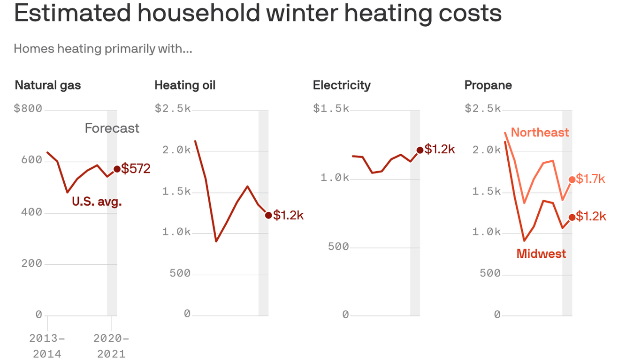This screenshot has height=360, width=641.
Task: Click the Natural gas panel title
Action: point(48,85)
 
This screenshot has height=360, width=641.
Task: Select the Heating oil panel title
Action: point(185,85)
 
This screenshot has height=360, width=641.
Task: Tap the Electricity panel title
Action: point(342,85)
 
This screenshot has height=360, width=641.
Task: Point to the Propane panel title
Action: point(488,85)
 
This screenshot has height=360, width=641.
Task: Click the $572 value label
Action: point(136,169)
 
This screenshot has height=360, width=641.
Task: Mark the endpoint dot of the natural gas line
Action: point(117,169)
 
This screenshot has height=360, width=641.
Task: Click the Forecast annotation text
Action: point(112,128)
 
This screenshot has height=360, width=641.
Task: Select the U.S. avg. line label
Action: point(97,202)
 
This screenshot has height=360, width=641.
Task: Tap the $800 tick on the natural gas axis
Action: point(28,109)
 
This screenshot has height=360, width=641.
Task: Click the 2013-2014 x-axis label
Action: point(47,345)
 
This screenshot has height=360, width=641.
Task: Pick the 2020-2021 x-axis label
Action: point(111,345)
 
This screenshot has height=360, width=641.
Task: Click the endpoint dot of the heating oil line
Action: point(268,215)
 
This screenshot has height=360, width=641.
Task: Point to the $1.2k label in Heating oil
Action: point(289,215)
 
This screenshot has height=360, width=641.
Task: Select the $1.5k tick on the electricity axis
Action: point(331,109)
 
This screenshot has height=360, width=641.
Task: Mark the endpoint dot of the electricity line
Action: point(420,150)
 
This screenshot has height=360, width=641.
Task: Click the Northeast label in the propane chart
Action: point(540,133)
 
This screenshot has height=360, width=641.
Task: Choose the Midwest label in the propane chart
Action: point(541,254)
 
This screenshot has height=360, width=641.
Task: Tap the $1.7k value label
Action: point(591,179)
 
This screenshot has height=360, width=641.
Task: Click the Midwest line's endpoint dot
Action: point(572,217)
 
